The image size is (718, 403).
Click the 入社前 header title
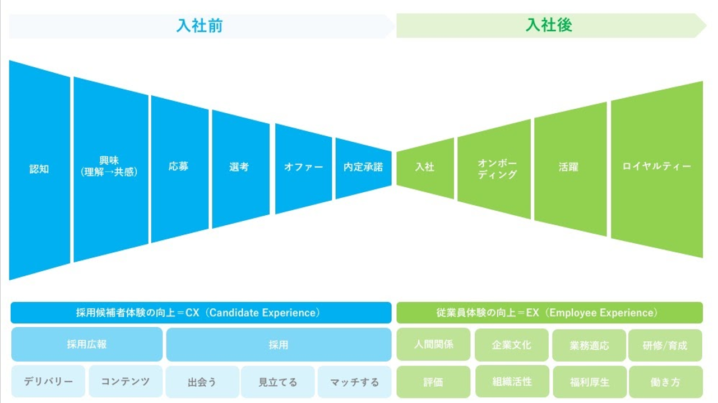point(200,26)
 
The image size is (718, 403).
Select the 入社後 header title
point(549,25)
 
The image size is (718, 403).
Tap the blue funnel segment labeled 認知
point(39,170)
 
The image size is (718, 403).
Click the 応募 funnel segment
point(180,169)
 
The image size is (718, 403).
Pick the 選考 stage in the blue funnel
point(240,169)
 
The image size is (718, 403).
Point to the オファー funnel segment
point(304,169)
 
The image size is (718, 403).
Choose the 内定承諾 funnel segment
point(364,168)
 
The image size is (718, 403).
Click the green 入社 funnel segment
point(425,168)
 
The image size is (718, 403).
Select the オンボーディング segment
point(494,169)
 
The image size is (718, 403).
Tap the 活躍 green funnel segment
point(571,169)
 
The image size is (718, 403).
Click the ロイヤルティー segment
point(657,169)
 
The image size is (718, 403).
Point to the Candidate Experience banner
point(201,313)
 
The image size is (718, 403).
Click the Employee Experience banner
point(550,313)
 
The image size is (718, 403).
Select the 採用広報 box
point(87,344)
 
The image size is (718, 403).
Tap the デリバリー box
point(48,382)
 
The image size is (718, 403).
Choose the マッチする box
point(354,382)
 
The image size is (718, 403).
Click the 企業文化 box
point(512,345)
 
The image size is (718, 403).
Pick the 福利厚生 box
point(590,382)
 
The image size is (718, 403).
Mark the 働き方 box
point(666,382)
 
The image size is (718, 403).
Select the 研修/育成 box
point(665,345)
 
